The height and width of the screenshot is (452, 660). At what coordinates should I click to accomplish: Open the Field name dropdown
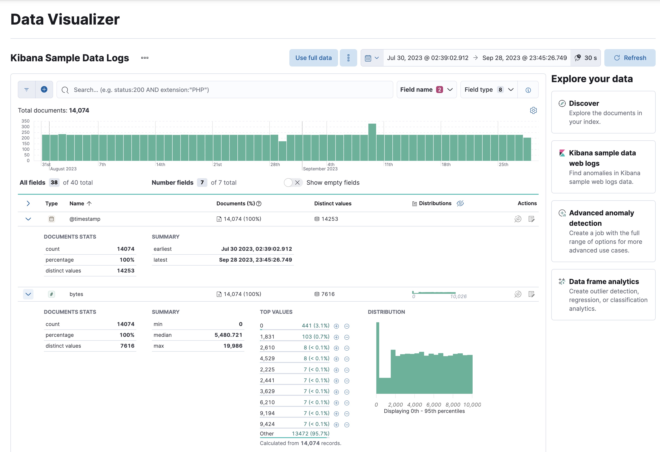(x=426, y=90)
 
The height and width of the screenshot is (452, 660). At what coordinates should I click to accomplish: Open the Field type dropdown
(x=489, y=90)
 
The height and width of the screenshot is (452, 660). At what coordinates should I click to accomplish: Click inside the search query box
(x=224, y=90)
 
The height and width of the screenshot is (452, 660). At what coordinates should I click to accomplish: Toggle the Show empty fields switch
(x=293, y=183)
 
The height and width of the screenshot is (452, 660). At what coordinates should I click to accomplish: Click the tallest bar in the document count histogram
(x=372, y=142)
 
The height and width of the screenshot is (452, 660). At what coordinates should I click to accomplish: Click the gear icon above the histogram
(x=533, y=110)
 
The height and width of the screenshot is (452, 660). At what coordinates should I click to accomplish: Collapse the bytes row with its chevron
(x=28, y=294)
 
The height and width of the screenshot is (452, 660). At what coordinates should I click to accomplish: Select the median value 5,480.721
(x=228, y=335)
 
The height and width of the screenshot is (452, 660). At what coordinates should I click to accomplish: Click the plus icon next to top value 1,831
(x=336, y=337)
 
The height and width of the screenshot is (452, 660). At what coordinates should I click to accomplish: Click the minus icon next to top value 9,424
(x=347, y=425)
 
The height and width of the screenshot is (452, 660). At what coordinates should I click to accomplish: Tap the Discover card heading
(x=584, y=103)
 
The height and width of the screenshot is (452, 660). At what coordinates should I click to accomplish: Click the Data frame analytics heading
(x=604, y=281)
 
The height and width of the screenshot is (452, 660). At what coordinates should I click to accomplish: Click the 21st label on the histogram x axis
(x=218, y=164)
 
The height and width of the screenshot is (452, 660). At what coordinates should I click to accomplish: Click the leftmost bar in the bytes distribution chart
(x=378, y=358)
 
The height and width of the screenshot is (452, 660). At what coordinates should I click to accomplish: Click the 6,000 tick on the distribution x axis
(x=433, y=405)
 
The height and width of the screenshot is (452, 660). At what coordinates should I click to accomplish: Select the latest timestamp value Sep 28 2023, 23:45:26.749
(x=255, y=260)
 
